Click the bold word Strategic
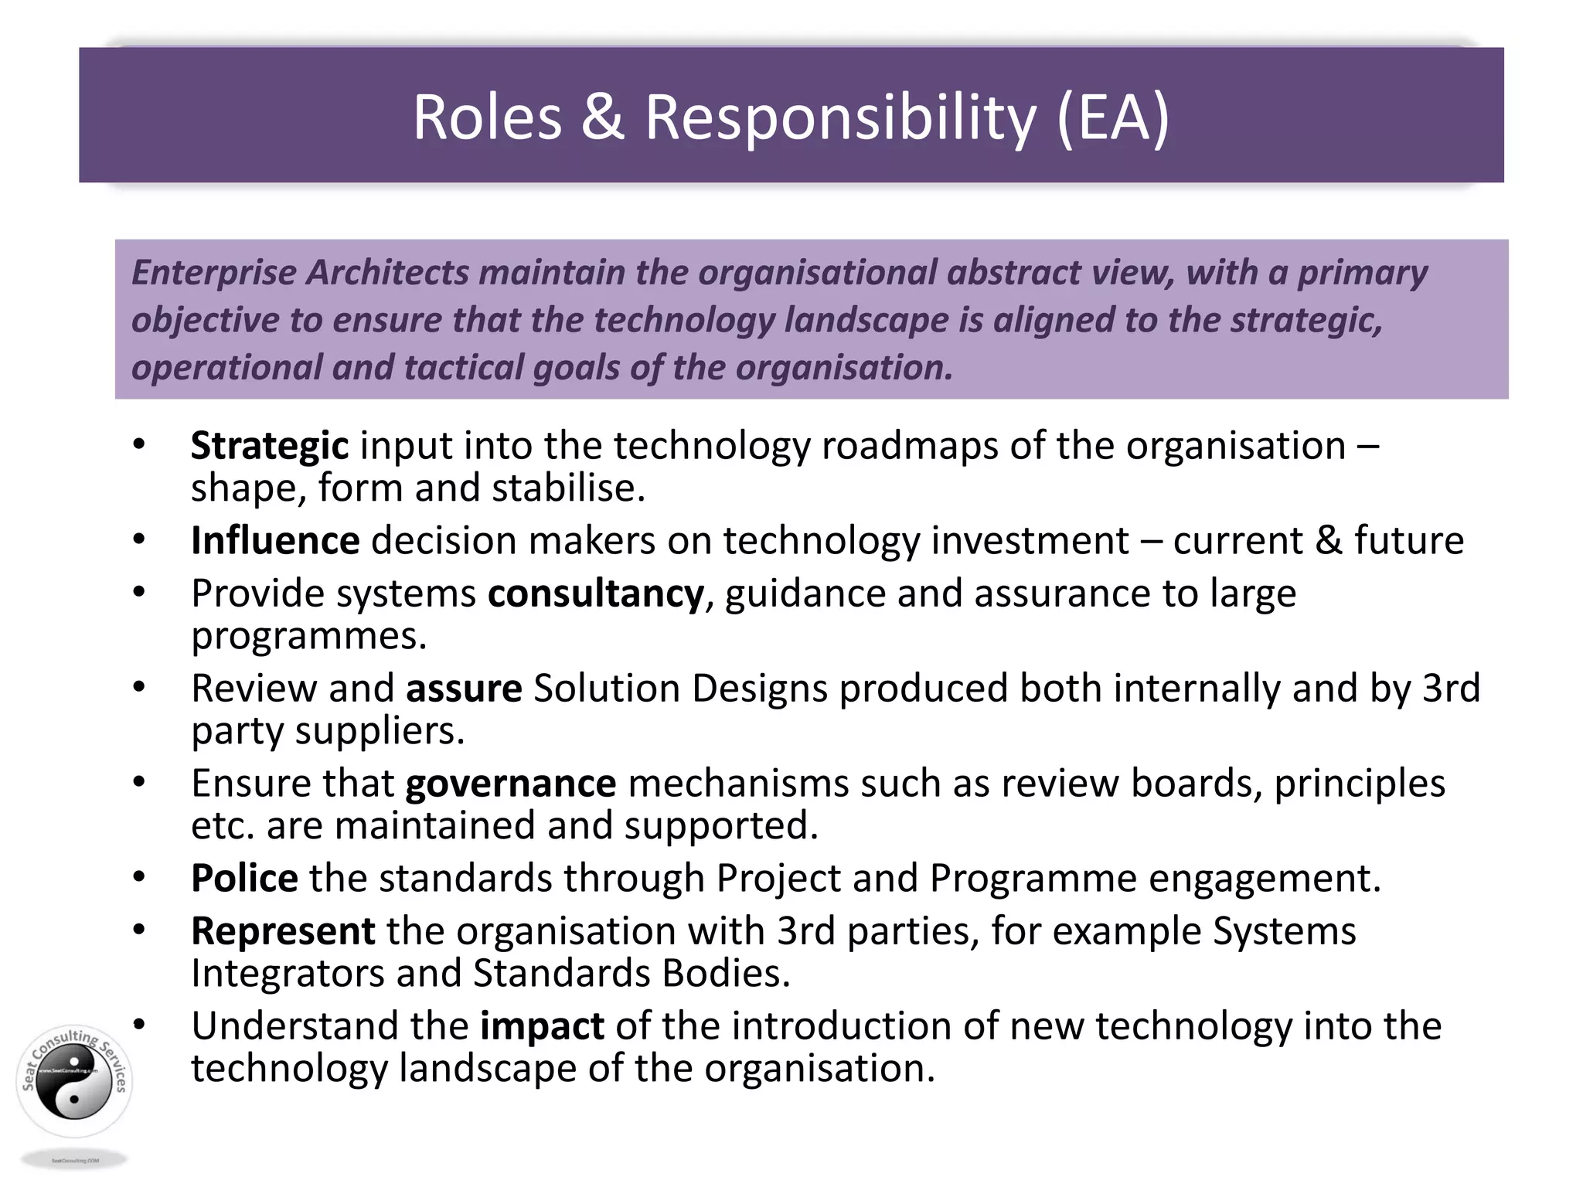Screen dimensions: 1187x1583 point(269,447)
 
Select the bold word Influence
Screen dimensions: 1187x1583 point(275,540)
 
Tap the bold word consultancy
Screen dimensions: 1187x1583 point(595,594)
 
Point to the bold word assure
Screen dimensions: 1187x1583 point(464,689)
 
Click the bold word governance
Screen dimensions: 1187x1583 point(511,784)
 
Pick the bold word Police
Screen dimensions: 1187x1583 point(244,879)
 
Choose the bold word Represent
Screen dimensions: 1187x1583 point(283,931)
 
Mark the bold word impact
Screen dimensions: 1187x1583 point(542,1026)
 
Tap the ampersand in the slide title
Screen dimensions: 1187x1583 point(602,117)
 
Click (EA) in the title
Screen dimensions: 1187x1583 point(1112,118)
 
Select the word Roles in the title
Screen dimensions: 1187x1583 point(487,117)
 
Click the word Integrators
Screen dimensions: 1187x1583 point(288,974)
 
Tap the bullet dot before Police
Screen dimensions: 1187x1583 point(139,877)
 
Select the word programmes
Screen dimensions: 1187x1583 point(308,637)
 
